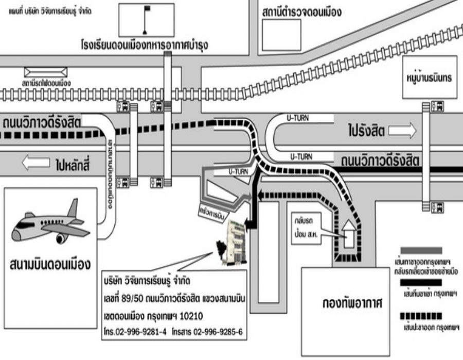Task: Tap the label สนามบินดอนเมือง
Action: pyautogui.click(x=50, y=265)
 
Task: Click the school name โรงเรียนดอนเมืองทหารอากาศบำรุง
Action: pyautogui.click(x=148, y=45)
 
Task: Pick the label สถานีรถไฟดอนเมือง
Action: pyautogui.click(x=46, y=82)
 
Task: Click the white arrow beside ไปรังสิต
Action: pyautogui.click(x=402, y=131)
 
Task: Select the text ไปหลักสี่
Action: pyautogui.click(x=72, y=165)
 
